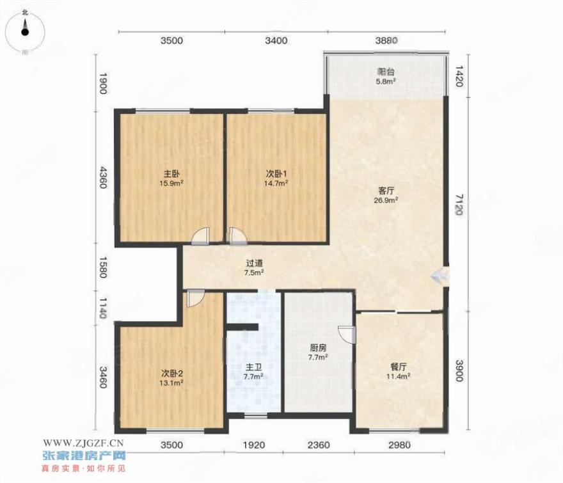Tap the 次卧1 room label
(x=276, y=174)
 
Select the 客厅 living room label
(x=386, y=191)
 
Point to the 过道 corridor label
(x=254, y=263)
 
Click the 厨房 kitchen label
(x=318, y=347)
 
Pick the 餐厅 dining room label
(x=398, y=367)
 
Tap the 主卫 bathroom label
(x=253, y=367)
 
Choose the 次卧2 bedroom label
(x=171, y=374)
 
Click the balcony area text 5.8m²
(x=386, y=81)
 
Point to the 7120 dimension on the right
(x=459, y=204)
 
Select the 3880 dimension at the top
(x=386, y=40)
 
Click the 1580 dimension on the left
(x=103, y=267)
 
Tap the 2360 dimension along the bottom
(x=319, y=445)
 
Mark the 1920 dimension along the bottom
(x=254, y=445)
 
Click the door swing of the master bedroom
(x=200, y=236)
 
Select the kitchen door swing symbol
(x=347, y=335)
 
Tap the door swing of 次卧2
(x=196, y=298)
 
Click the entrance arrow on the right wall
(x=440, y=276)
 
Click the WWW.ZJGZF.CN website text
(x=83, y=443)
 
